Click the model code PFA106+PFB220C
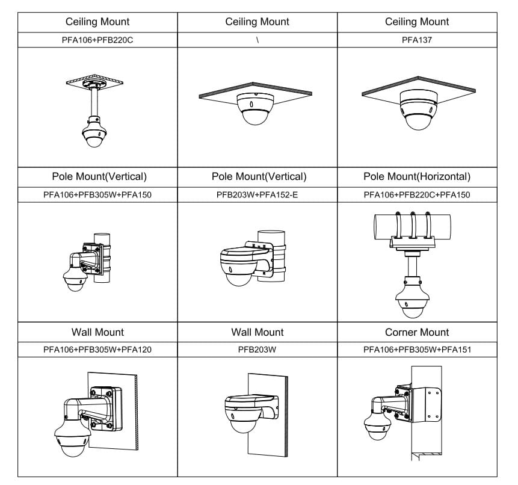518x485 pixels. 97,40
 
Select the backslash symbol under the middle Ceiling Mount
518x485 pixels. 257,40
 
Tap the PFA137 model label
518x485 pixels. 417,40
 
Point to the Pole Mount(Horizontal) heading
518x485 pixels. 417,176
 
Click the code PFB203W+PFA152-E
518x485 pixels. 257,195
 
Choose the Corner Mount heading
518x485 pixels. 417,332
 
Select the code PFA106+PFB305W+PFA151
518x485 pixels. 417,350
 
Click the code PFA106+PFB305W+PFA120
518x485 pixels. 97,350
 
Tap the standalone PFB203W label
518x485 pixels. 257,350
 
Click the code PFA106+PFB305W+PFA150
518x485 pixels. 97,195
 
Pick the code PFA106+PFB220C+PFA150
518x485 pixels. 417,195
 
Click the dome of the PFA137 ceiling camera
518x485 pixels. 419,122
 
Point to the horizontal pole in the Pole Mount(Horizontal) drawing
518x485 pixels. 413,227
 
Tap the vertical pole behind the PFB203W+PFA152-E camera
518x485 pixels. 271,256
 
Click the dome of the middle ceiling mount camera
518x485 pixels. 254,117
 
